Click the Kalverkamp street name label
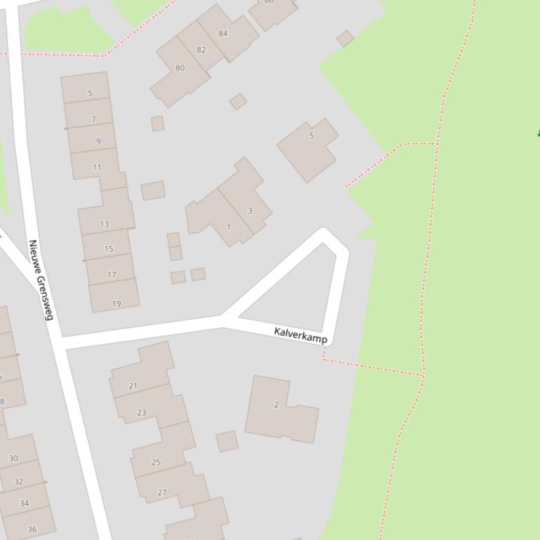[301, 335]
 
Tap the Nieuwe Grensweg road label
[41, 279]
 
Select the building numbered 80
[180, 68]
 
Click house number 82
[202, 50]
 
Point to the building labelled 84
[223, 34]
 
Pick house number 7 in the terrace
[93, 119]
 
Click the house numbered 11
[97, 167]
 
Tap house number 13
[105, 224]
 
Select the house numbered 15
[108, 248]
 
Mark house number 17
[112, 274]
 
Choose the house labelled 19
[116, 303]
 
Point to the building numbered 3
[249, 210]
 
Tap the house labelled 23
[142, 412]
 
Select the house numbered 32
[18, 482]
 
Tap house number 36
[32, 529]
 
